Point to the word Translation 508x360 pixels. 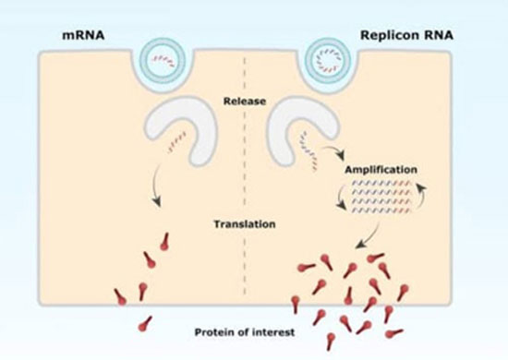(245, 223)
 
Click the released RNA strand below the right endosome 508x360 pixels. (309, 151)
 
